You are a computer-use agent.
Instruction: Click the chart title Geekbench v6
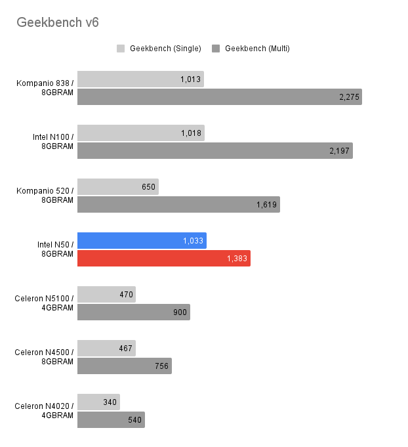pyautogui.click(x=58, y=23)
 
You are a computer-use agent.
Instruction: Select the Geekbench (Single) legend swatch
pyautogui.click(x=121, y=49)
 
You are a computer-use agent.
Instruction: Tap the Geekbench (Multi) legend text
pyautogui.click(x=256, y=49)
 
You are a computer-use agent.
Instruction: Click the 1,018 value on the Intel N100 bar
pyautogui.click(x=192, y=133)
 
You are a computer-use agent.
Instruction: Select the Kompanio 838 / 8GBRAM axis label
pyautogui.click(x=45, y=87)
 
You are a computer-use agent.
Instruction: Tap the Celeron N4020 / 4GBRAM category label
pyautogui.click(x=44, y=410)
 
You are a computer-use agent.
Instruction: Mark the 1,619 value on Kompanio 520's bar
pyautogui.click(x=267, y=205)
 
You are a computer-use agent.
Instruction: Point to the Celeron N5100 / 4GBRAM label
pyautogui.click(x=44, y=303)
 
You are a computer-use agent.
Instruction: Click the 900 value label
pyautogui.click(x=180, y=312)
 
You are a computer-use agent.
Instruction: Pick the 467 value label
pyautogui.click(x=125, y=349)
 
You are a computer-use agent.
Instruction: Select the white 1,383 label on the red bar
pyautogui.click(x=237, y=259)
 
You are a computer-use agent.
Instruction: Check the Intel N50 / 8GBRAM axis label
pyautogui.click(x=55, y=249)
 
